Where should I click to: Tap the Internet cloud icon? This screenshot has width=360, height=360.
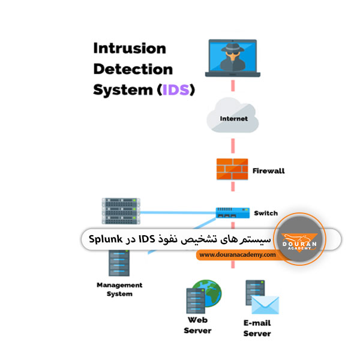pos(233,119)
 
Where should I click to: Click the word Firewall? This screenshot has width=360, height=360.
pos(268,171)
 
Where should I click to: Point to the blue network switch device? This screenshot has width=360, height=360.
pos(232,213)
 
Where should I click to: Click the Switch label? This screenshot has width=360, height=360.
pos(266,213)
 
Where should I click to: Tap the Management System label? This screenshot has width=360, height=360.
pos(119,289)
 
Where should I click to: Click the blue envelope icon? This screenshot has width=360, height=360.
pos(266,304)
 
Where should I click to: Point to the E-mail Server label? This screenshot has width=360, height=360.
pos(257,328)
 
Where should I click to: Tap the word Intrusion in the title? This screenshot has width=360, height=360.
pos(129,49)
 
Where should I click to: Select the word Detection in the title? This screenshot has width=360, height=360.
pos(133,70)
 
